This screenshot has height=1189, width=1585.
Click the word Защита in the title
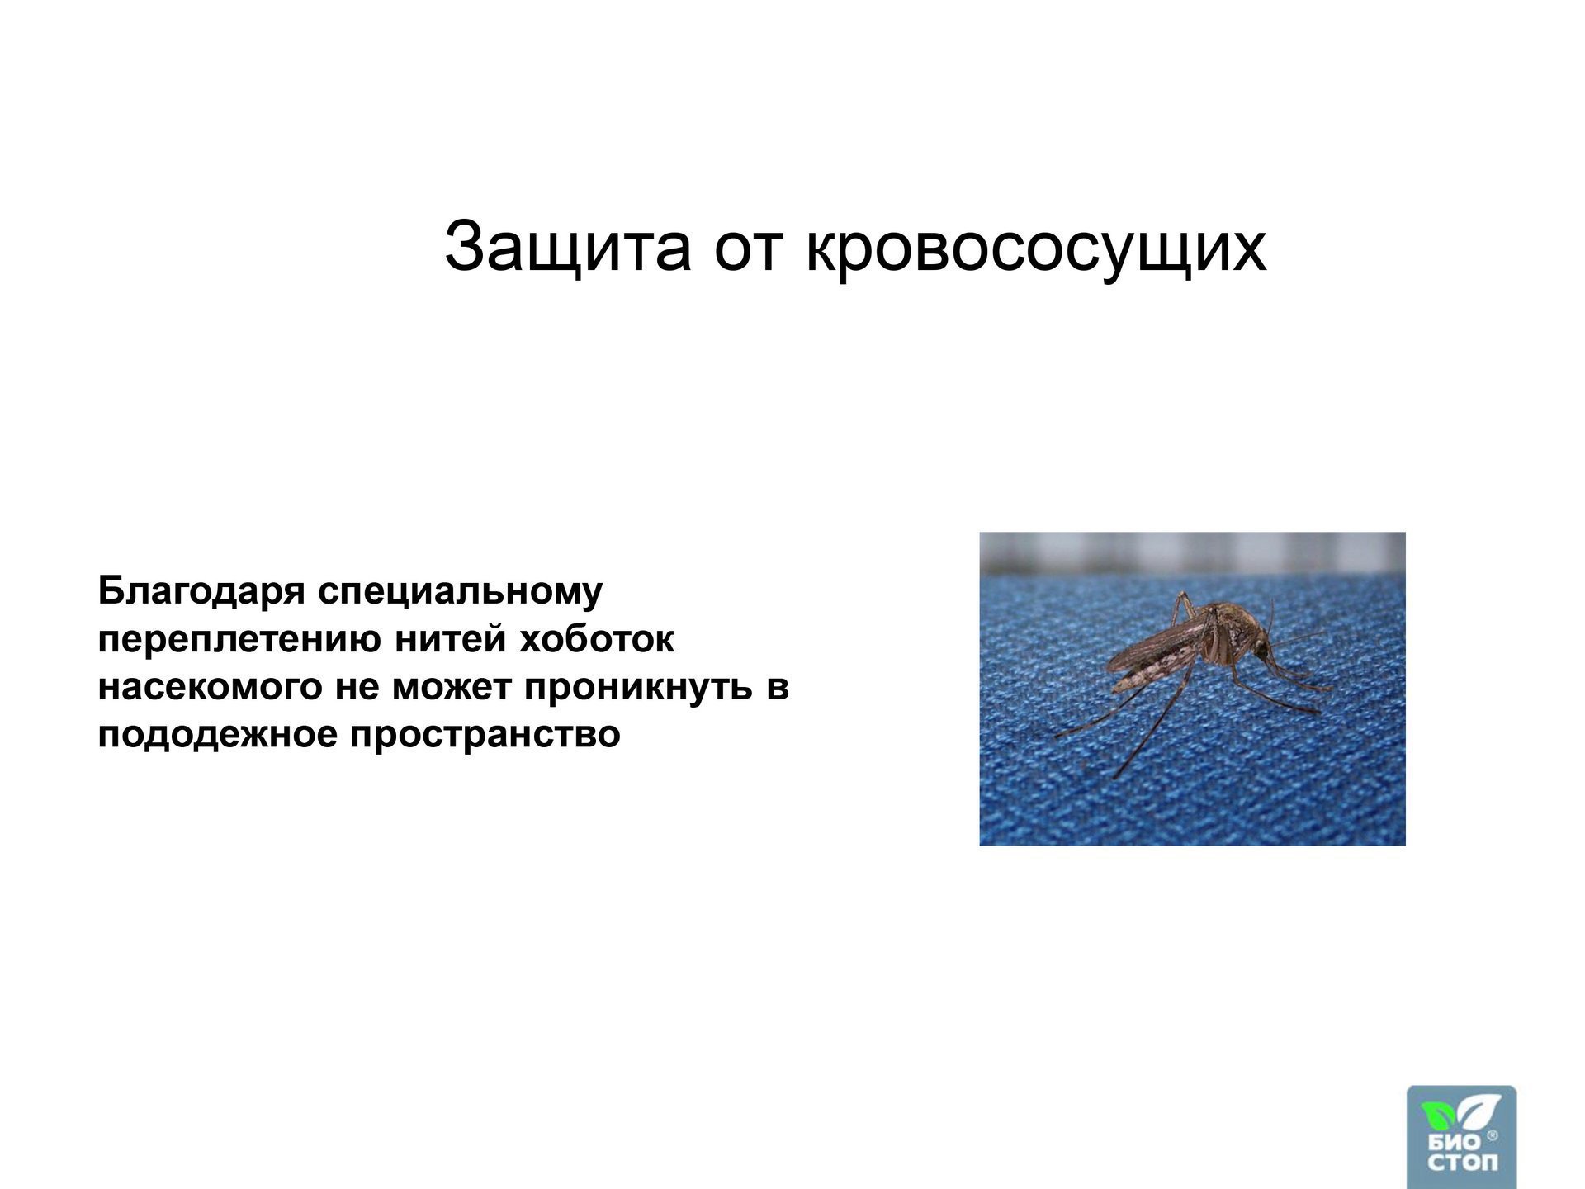567,246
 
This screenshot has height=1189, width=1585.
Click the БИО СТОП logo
1461,1137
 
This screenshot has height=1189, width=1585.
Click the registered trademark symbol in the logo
1492,1136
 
